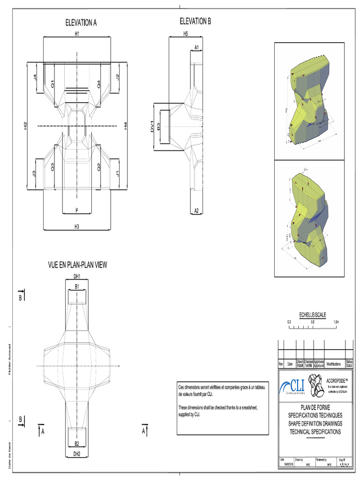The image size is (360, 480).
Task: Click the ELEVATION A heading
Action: pyautogui.click(x=81, y=22)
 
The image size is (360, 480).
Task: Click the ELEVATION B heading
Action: pyautogui.click(x=195, y=21)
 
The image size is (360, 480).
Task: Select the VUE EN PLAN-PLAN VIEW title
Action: pyautogui.click(x=78, y=265)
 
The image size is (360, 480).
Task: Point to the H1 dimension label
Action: pyautogui.click(x=77, y=34)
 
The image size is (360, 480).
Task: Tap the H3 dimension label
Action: pyautogui.click(x=77, y=226)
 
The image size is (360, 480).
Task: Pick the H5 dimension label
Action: pyautogui.click(x=186, y=34)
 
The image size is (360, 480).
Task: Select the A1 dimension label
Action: pyautogui.click(x=197, y=47)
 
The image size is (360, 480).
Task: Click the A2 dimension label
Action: pyautogui.click(x=197, y=211)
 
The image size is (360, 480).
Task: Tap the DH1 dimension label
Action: pyautogui.click(x=77, y=276)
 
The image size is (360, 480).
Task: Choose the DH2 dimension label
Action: pyautogui.click(x=77, y=453)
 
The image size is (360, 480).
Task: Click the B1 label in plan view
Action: pyautogui.click(x=77, y=285)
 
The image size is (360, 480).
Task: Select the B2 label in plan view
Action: pyautogui.click(x=77, y=443)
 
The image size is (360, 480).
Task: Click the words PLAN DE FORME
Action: pyautogui.click(x=315, y=408)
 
